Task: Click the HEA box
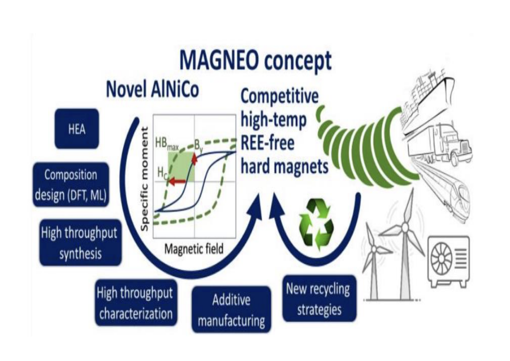coord(76,129)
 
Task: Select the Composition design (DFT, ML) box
coord(71,185)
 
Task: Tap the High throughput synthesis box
coord(80,242)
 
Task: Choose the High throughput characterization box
coord(135,303)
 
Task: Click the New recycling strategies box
coord(319,298)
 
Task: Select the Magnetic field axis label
coord(194,248)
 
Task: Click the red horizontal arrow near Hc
coord(177,182)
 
